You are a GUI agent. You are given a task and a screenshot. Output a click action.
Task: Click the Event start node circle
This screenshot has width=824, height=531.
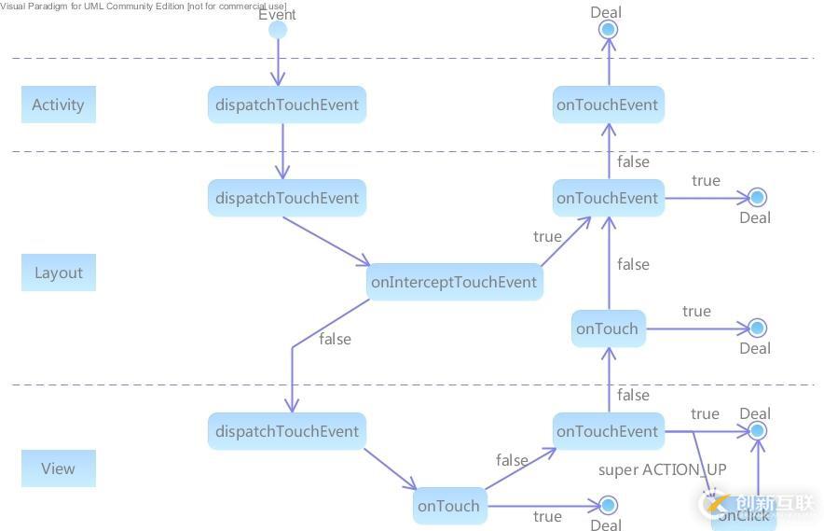278,31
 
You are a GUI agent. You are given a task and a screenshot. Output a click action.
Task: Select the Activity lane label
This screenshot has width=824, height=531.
58,105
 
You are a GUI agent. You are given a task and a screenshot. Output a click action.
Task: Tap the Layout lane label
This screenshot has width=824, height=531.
58,272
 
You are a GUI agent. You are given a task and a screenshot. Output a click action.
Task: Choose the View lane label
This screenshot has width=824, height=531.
58,468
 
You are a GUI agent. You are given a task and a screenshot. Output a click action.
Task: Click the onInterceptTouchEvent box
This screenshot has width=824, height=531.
454,282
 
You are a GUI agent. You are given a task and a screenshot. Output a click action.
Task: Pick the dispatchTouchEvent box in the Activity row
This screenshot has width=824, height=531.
286,105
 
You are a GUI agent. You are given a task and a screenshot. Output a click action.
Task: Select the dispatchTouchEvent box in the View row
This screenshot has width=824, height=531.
286,431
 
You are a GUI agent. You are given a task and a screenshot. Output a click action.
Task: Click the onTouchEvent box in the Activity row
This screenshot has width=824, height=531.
608,105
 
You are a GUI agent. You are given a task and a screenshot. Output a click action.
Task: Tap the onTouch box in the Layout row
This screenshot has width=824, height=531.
608,328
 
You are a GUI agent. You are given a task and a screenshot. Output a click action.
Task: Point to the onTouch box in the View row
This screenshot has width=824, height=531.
449,506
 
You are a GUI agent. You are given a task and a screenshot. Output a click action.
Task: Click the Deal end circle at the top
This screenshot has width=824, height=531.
608,30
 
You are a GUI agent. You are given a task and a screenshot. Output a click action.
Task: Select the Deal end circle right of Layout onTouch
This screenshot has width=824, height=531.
757,328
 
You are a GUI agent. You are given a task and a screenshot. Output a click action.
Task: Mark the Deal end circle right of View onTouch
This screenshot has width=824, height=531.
608,505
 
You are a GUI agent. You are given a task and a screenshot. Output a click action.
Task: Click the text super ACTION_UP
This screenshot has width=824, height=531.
662,469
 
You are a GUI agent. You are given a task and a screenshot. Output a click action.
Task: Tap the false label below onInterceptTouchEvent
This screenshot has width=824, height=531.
335,339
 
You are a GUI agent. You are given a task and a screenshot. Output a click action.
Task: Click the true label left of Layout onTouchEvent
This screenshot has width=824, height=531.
547,236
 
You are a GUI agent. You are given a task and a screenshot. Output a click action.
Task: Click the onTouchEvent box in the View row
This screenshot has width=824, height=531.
608,431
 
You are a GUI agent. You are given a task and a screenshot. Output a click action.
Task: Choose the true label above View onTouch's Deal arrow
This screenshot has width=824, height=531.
547,516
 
